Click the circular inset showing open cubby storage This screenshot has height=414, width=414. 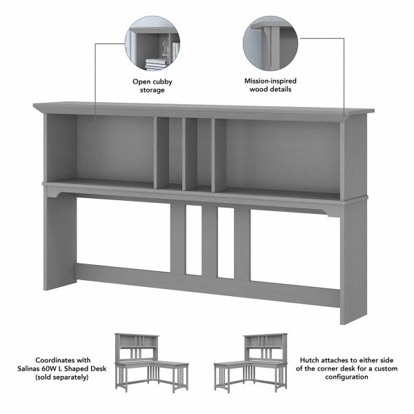point(152,44)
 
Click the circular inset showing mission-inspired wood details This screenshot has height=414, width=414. point(270,44)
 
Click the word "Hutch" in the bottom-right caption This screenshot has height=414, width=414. point(311,359)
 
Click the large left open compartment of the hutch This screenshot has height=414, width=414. point(115,148)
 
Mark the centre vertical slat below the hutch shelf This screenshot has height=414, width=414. point(209,241)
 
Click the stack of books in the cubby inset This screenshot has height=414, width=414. point(157,63)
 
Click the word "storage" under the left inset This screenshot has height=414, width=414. point(152,90)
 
